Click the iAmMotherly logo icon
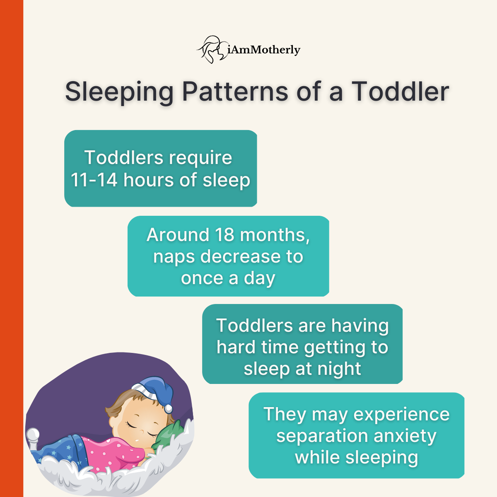click(212, 49)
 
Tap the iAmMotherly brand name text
click(264, 50)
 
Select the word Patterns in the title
click(235, 91)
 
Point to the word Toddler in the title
click(400, 91)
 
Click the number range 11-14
click(94, 180)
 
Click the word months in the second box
click(275, 235)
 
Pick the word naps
click(174, 256)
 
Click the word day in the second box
click(259, 278)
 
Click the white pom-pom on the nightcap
click(168, 409)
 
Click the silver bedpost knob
click(33, 435)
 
